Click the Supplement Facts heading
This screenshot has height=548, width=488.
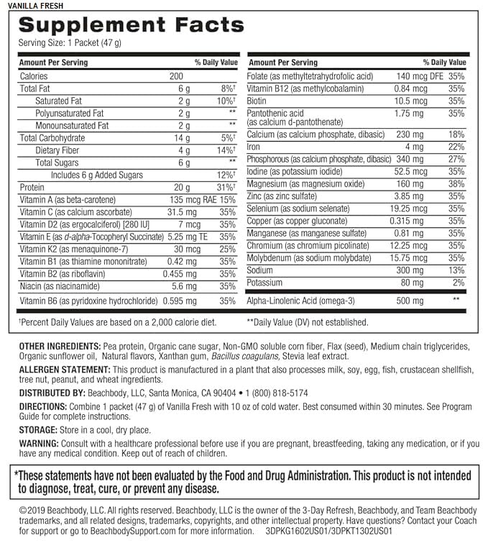(132, 25)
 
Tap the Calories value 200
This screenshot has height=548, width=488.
(177, 76)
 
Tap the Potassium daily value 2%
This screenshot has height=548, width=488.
(459, 283)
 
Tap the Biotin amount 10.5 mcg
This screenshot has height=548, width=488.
(412, 101)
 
